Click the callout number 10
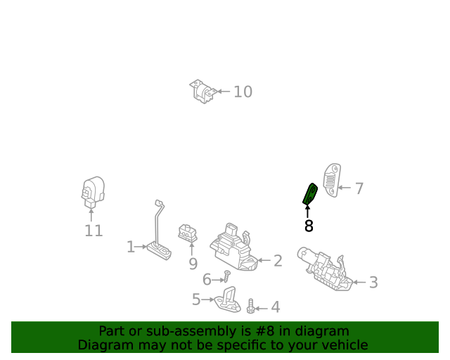(x=243, y=91)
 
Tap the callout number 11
(x=94, y=231)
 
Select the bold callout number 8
(x=309, y=226)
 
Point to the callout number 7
(x=359, y=188)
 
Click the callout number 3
(x=373, y=283)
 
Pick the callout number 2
(x=278, y=261)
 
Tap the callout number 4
(x=275, y=307)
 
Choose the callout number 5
(x=196, y=300)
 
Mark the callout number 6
(x=207, y=280)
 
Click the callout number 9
(x=193, y=264)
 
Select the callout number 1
(x=130, y=247)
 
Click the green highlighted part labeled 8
(x=309, y=194)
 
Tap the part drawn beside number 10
(x=202, y=92)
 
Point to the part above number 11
(x=91, y=192)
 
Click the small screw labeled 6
(x=227, y=276)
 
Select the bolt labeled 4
(x=250, y=307)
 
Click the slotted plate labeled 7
(x=331, y=179)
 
